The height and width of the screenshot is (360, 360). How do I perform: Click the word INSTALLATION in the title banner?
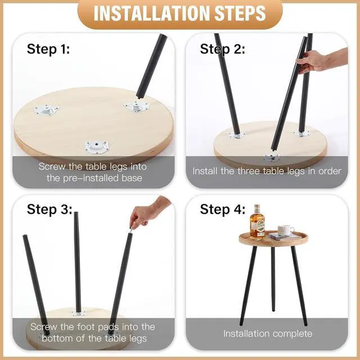click(x=152, y=13)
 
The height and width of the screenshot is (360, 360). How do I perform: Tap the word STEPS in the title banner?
click(x=240, y=13)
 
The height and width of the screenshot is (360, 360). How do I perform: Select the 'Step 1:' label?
click(x=48, y=49)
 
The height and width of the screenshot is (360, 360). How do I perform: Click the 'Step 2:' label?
click(x=222, y=49)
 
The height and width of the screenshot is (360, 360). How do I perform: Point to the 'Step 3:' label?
click(x=49, y=209)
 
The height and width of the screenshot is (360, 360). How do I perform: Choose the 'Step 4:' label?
click(x=223, y=209)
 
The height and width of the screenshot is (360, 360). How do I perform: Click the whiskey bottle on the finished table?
click(x=257, y=222)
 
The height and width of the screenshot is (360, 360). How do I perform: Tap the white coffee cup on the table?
click(x=285, y=230)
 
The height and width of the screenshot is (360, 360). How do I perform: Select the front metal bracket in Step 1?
click(x=96, y=146)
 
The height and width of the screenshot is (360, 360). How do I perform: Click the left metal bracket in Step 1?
click(x=47, y=111)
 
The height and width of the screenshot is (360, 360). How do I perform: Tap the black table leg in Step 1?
click(x=151, y=66)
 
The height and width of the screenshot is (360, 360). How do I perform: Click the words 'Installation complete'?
click(x=268, y=334)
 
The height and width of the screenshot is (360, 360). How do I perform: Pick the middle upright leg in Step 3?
click(x=78, y=262)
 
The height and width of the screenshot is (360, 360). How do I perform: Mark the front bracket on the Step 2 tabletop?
click(x=272, y=158)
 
